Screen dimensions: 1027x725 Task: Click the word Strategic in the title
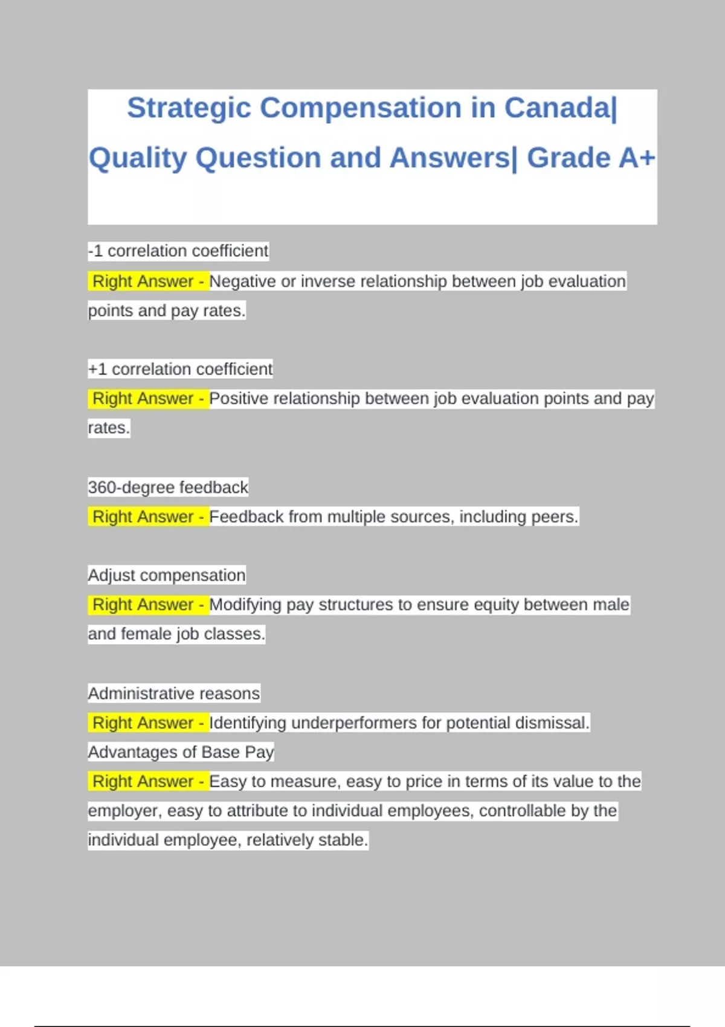tap(189, 109)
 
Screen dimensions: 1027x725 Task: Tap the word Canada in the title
tap(557, 109)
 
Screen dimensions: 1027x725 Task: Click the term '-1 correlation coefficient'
tap(178, 251)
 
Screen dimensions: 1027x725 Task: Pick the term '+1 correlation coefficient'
tap(180, 369)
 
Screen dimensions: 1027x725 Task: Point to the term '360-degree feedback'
tap(168, 487)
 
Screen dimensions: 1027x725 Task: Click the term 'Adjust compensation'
tap(167, 575)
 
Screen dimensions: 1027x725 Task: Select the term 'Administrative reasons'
tap(174, 693)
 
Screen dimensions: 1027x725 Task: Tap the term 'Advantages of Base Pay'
tap(181, 752)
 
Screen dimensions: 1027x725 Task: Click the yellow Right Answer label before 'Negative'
tap(148, 281)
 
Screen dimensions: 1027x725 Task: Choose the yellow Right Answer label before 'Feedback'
tap(148, 517)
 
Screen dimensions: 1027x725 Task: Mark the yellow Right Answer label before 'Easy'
tap(148, 781)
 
